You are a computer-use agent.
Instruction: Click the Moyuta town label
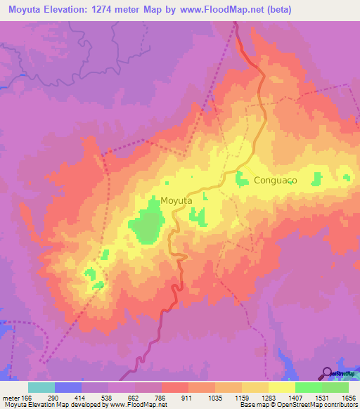176,200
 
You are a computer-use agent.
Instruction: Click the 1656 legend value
349,397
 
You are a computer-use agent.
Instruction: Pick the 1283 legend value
269,397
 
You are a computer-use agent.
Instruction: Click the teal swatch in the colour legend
41,387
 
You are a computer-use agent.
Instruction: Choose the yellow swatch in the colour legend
282,387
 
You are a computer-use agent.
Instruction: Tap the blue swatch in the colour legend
68,387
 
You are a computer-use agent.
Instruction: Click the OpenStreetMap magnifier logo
328,372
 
